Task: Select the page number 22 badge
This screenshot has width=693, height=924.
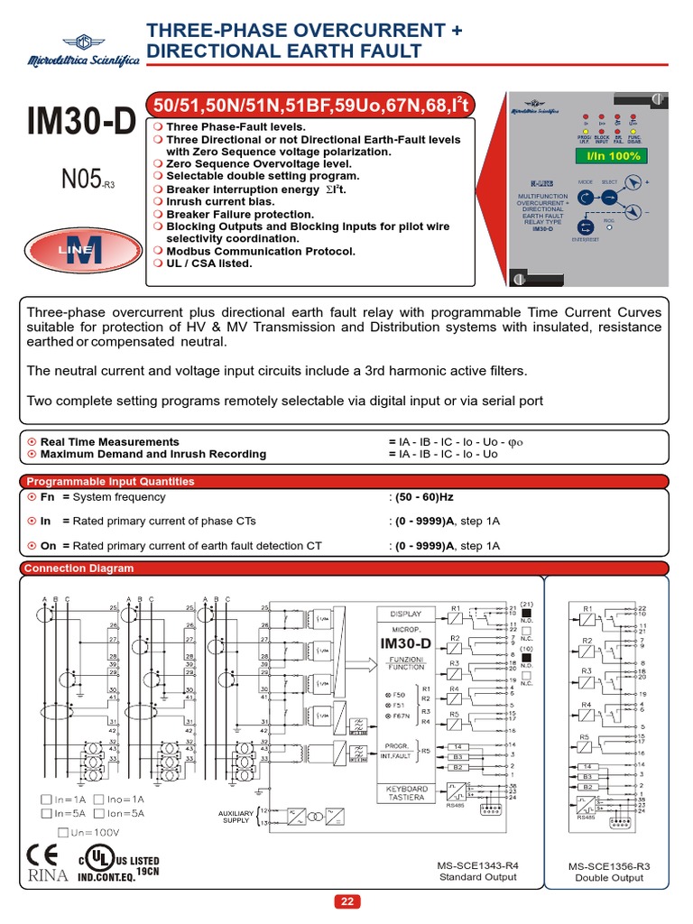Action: [346, 901]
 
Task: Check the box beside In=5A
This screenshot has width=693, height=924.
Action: [45, 814]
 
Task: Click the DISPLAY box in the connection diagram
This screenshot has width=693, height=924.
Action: [405, 613]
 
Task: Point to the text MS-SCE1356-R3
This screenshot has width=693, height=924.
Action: [609, 865]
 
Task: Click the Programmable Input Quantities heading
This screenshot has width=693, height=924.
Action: [109, 481]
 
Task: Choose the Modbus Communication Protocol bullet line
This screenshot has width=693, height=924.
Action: [254, 252]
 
